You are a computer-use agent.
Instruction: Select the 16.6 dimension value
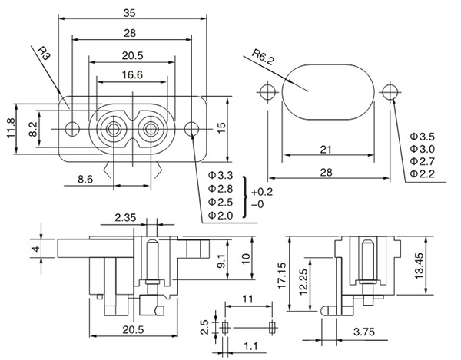131,75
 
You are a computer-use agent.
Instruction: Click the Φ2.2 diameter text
423,175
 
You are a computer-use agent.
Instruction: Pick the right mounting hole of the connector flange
191,127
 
